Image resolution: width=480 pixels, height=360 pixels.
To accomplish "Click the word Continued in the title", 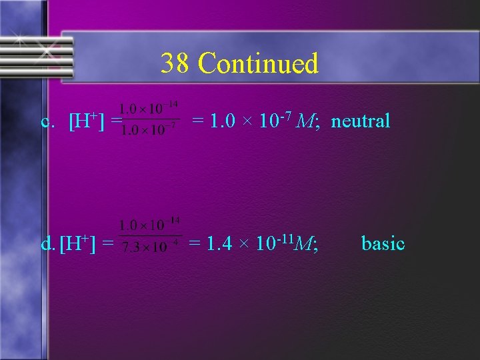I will (x=259, y=64).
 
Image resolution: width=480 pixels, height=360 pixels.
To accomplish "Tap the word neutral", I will (x=361, y=121).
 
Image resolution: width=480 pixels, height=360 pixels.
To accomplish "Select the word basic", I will (x=383, y=243).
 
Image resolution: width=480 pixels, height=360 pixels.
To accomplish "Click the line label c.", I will (x=47, y=122).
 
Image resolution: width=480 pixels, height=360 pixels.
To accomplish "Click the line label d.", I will (x=47, y=245).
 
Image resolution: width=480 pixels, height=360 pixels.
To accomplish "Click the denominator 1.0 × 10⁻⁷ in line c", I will (x=147, y=130).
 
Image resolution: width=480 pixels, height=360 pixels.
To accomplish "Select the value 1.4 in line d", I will (x=220, y=245).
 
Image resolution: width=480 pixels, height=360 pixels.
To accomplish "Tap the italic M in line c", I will (x=306, y=121).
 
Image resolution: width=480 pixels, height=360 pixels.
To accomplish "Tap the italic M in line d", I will (x=306, y=245).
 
